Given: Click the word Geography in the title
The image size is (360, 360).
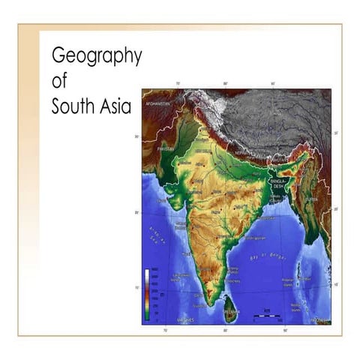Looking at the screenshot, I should pyautogui.click(x=96, y=55).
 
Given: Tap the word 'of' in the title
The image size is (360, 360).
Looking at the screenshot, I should pyautogui.click(x=59, y=81).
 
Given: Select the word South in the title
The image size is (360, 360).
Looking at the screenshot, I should pyautogui.click(x=73, y=106).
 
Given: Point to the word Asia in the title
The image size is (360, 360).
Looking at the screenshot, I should pyautogui.click(x=115, y=106).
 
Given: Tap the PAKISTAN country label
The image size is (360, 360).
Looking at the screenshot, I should pyautogui.click(x=166, y=149).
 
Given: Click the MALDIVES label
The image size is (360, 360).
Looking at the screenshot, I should pyautogui.click(x=184, y=319).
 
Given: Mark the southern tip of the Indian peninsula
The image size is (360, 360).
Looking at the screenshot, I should pyautogui.click(x=214, y=297).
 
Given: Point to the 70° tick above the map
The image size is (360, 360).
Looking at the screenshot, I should pyautogui.click(x=178, y=84).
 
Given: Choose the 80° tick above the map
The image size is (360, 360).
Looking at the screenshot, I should pyautogui.click(x=226, y=84).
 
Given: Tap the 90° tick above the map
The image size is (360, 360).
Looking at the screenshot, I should pyautogui.click(x=272, y=84).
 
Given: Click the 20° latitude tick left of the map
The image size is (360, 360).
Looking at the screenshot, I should pyautogui.click(x=137, y=213).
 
